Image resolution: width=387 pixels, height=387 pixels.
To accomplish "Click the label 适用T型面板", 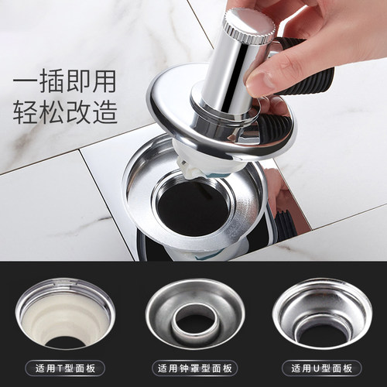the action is [65, 368].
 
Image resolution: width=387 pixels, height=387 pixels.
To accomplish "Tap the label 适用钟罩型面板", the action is [195, 368].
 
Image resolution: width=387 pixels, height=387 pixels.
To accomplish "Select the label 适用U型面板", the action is [322, 368].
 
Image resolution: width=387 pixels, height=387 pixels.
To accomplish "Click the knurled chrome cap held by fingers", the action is [249, 26].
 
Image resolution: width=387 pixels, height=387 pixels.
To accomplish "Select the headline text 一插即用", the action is [64, 81].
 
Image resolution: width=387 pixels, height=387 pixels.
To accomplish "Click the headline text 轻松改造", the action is [65, 112].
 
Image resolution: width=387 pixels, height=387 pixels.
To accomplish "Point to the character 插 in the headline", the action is [52, 81].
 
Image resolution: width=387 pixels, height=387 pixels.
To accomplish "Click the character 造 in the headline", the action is [105, 112].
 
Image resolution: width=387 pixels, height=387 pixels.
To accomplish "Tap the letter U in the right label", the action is [317, 368].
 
